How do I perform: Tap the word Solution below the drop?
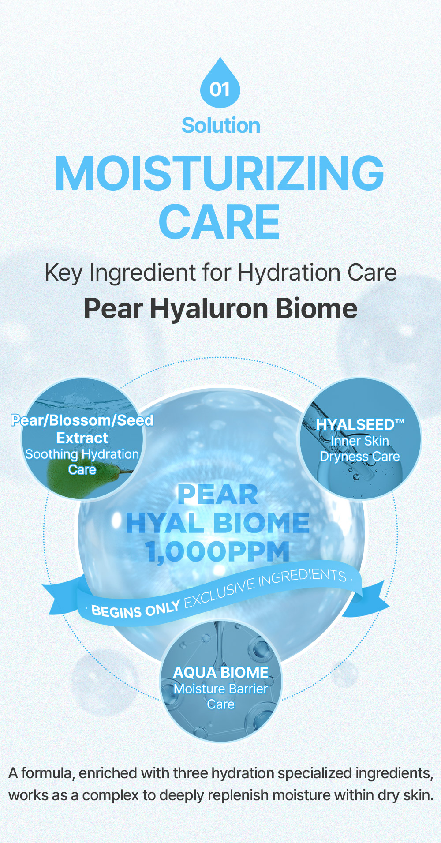pyautogui.click(x=221, y=126)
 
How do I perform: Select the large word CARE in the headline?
pyautogui.click(x=219, y=221)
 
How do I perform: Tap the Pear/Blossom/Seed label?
pyautogui.click(x=82, y=420)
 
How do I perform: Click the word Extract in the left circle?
pyautogui.click(x=82, y=438)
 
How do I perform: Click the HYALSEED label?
pyautogui.click(x=360, y=424)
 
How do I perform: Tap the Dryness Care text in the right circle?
pyautogui.click(x=360, y=457)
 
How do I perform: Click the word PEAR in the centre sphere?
pyautogui.click(x=217, y=495)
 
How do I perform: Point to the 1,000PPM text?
pyautogui.click(x=217, y=552)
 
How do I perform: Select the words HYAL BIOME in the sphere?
pyautogui.click(x=217, y=523)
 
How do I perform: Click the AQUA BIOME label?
pyautogui.click(x=221, y=673)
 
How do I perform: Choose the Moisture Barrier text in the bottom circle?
pyautogui.click(x=221, y=689)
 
